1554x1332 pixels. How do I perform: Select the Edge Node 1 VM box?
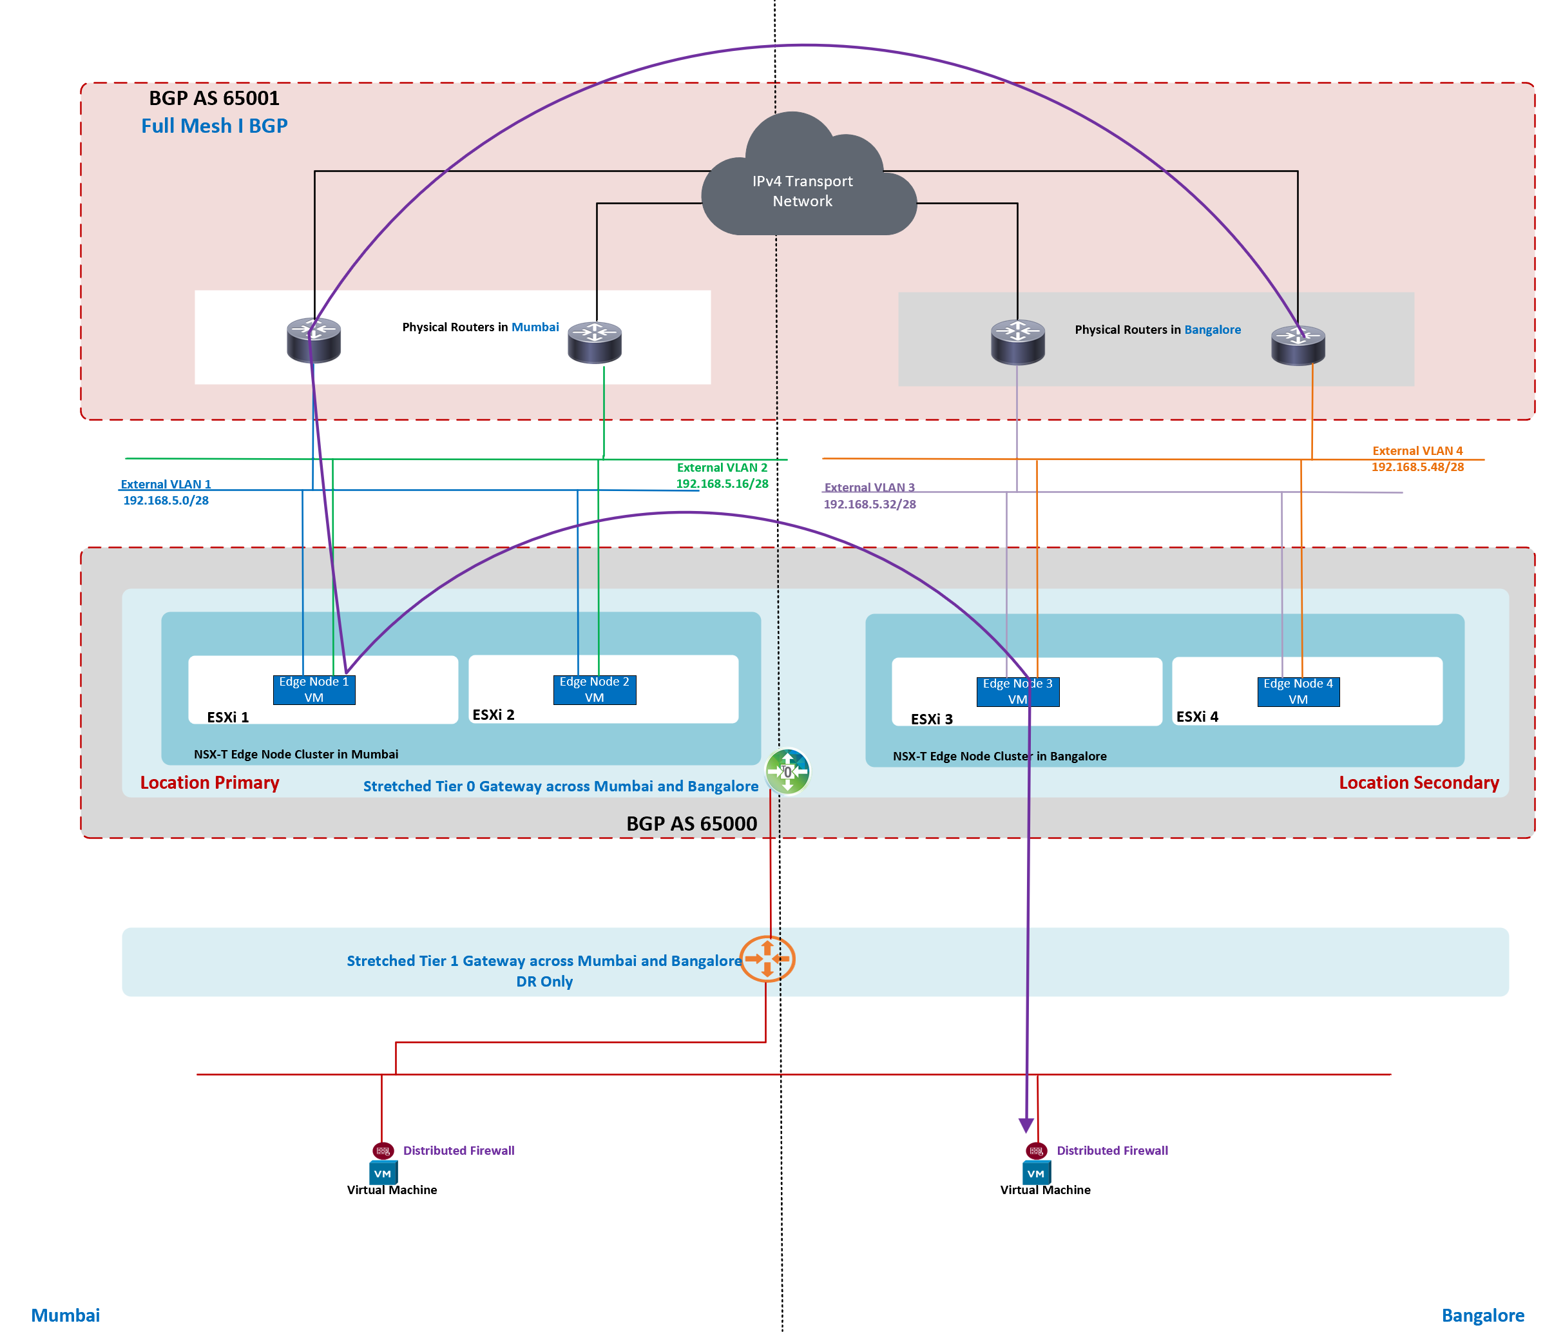click(x=314, y=690)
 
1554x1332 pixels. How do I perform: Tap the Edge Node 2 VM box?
click(x=594, y=690)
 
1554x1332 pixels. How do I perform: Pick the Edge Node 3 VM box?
click(x=1017, y=691)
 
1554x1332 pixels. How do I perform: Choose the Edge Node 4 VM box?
click(x=1298, y=691)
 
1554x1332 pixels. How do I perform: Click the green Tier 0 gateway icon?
click(x=787, y=771)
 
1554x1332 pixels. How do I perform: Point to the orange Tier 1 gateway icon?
click(x=767, y=958)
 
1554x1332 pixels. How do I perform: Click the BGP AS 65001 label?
click(x=214, y=98)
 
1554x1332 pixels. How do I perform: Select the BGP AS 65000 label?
click(x=691, y=824)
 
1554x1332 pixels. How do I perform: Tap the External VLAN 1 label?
click(x=166, y=485)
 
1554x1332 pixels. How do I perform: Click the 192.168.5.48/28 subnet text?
click(x=1417, y=467)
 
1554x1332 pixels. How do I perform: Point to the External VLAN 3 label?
click(x=868, y=488)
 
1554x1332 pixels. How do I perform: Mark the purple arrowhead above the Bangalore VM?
click(x=1026, y=1125)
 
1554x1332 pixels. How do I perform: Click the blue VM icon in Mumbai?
click(x=383, y=1173)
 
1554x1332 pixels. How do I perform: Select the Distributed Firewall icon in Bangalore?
click(x=1036, y=1150)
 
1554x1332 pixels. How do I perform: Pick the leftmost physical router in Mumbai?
click(x=314, y=340)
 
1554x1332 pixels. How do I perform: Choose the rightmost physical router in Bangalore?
click(x=1298, y=345)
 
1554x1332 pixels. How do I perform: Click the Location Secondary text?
click(x=1418, y=782)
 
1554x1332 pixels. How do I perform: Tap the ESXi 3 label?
click(x=931, y=719)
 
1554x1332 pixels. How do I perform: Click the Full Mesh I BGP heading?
click(x=214, y=126)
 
